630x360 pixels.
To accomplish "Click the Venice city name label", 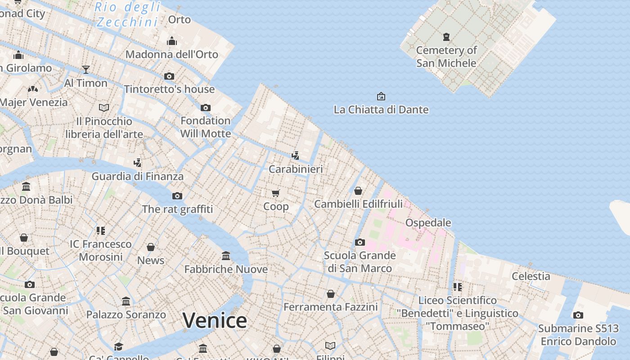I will click(215, 320).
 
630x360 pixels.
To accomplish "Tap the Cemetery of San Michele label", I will click(446, 57).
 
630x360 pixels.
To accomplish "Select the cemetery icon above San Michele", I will click(446, 37).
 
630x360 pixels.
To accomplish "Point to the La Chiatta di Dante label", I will click(381, 110).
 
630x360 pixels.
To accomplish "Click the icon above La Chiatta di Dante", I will click(381, 96).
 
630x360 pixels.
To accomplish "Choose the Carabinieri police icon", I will click(296, 156).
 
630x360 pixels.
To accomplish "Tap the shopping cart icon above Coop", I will click(276, 193).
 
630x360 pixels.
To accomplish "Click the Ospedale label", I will click(428, 223).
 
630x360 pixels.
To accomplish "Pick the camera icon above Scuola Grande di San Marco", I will click(360, 243).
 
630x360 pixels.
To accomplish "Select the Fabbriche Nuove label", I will click(226, 270).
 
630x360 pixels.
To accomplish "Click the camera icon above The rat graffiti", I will click(177, 196).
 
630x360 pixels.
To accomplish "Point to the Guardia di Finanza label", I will click(138, 176).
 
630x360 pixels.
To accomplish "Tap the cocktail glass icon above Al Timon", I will click(86, 70).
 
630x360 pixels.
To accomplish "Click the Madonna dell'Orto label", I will click(171, 54).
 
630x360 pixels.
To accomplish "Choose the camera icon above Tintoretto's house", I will click(169, 76).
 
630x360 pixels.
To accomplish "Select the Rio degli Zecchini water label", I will click(128, 14).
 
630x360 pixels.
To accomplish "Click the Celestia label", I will click(531, 276).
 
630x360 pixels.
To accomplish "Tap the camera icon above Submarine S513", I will click(578, 315).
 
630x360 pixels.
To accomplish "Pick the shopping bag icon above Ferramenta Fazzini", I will click(331, 294).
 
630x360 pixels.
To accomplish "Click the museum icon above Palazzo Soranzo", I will click(126, 301).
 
